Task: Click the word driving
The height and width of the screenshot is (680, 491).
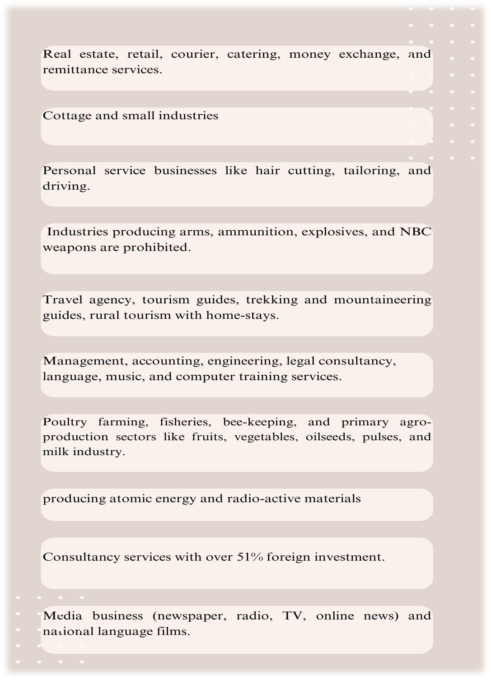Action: pos(66,186)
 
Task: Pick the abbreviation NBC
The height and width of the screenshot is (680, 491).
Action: pos(416,232)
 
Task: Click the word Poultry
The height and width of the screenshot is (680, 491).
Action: pos(65,422)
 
